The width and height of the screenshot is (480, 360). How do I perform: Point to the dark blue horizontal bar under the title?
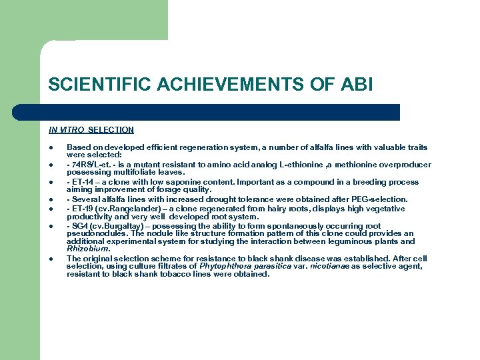224,112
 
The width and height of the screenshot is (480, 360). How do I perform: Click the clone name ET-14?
81,182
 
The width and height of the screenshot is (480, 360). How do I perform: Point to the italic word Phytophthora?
222,266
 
